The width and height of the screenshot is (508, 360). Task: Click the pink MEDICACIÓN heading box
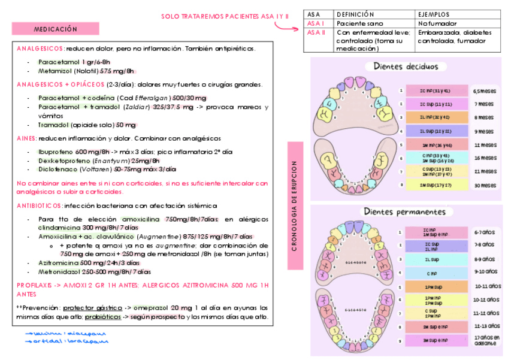click(x=56, y=29)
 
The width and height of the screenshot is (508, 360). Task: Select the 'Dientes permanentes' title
click(x=404, y=211)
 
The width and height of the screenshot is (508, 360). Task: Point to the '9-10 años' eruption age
click(x=483, y=271)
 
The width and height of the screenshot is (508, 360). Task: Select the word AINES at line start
click(x=27, y=138)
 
